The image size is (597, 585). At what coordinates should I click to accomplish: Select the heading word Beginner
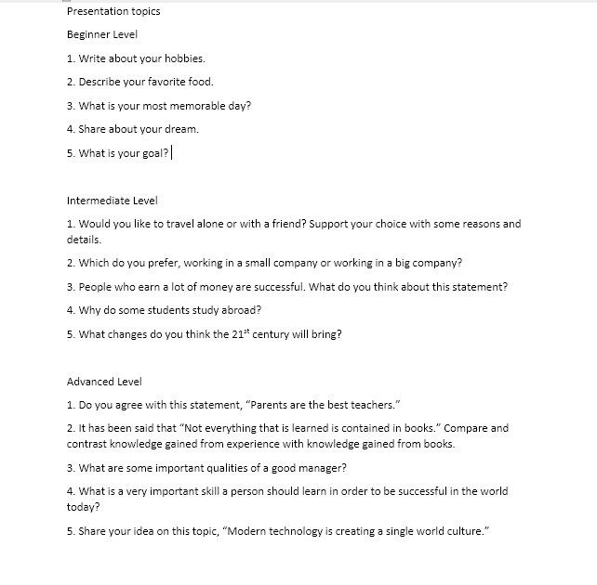tap(88, 34)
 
